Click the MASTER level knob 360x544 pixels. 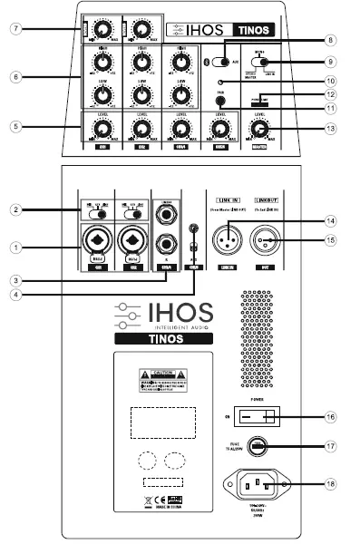(261, 131)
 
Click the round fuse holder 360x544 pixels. (258, 446)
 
